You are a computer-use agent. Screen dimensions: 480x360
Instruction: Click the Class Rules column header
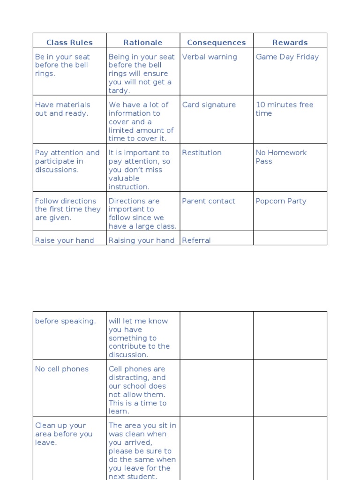point(69,43)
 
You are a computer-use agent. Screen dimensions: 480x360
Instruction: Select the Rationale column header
point(143,43)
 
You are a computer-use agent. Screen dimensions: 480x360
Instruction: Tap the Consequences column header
point(216,43)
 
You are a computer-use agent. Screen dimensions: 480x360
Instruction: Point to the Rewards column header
point(290,43)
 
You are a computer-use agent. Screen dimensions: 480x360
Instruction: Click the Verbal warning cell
point(210,57)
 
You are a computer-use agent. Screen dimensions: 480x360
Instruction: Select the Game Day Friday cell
point(287,57)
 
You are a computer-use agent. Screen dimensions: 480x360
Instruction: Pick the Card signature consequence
point(209,105)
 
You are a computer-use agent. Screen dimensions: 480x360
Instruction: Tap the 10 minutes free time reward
point(284,109)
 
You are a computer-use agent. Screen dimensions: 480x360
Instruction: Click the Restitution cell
point(202,153)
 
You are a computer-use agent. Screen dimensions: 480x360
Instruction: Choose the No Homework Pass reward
point(281,157)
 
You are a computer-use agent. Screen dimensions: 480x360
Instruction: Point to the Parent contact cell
point(209,201)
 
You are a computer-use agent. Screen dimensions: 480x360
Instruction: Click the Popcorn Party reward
point(281,201)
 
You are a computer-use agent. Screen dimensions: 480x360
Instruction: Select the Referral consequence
point(196,240)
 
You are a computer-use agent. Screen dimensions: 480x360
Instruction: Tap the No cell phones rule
point(62,369)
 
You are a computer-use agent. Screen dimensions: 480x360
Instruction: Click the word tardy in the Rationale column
point(119,91)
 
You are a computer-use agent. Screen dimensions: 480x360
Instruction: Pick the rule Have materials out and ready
point(62,109)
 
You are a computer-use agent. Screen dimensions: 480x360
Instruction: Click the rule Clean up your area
point(64,434)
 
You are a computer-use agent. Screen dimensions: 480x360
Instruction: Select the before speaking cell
point(65,322)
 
